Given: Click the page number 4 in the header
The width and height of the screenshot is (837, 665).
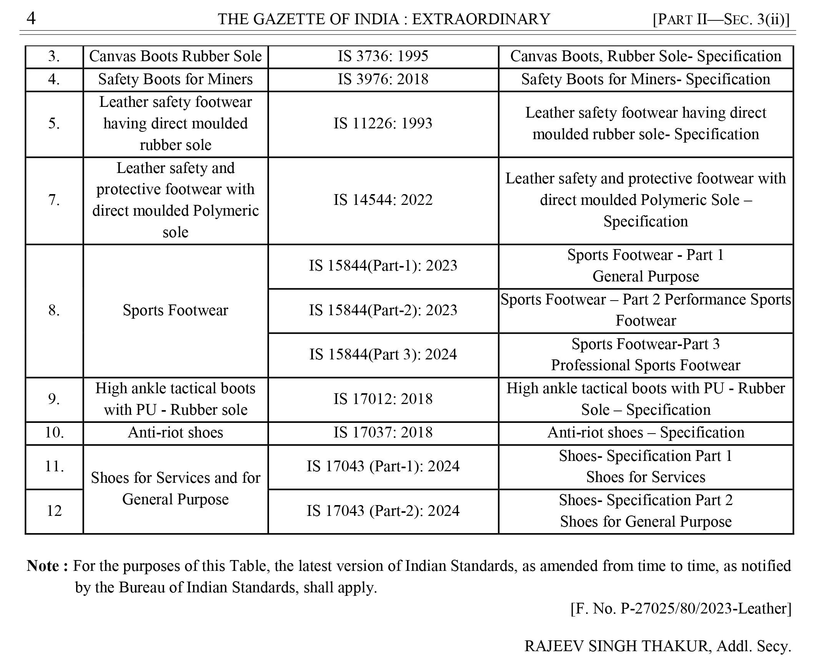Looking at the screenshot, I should [x=31, y=18].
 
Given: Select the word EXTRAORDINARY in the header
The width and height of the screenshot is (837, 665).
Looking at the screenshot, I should [x=481, y=19].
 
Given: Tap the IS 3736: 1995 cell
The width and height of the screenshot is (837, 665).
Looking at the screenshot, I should [x=383, y=56].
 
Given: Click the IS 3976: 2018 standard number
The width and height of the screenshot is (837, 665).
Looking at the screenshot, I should [x=383, y=79].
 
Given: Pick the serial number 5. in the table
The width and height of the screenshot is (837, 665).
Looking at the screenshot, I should [x=54, y=123].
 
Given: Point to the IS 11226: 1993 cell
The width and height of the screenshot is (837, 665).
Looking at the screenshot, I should [x=383, y=123].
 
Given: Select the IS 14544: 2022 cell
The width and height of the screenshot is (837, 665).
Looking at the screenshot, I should [x=383, y=200].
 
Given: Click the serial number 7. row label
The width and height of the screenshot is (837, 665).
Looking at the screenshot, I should [x=54, y=200].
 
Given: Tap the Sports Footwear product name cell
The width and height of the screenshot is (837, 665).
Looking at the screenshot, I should [x=176, y=310].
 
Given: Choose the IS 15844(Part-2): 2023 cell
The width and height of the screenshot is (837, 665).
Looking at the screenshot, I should [x=383, y=310].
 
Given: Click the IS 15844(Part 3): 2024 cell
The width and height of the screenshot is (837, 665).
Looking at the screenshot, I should [x=383, y=354].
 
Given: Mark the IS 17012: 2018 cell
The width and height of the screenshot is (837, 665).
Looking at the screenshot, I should [x=383, y=399].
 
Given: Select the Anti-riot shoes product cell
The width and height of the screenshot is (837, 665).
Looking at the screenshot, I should [x=176, y=432].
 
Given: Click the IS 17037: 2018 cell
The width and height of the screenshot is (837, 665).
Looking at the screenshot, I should [x=383, y=432].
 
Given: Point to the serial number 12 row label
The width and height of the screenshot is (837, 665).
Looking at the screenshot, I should [x=54, y=511].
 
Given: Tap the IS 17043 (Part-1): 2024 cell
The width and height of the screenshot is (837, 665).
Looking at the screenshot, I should [x=383, y=466].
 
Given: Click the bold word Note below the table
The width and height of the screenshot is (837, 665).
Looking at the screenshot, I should [x=43, y=566].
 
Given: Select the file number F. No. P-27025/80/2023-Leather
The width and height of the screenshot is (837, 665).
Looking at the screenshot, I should [x=681, y=608].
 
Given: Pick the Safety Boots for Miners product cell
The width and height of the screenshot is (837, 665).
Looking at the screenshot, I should [x=176, y=79].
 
